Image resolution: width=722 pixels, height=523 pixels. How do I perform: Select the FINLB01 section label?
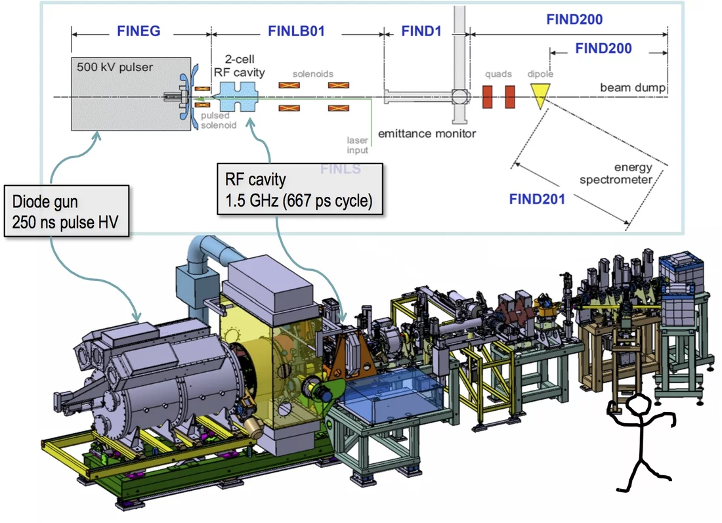297,31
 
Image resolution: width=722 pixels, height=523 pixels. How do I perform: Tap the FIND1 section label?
421,31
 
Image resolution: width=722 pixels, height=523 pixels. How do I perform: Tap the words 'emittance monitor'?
427,133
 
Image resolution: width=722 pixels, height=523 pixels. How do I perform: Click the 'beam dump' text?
633,87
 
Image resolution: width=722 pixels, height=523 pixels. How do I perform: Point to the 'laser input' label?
358,144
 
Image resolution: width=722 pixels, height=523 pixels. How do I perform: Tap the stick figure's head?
637,408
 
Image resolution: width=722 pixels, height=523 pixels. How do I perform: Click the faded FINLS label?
340,169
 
